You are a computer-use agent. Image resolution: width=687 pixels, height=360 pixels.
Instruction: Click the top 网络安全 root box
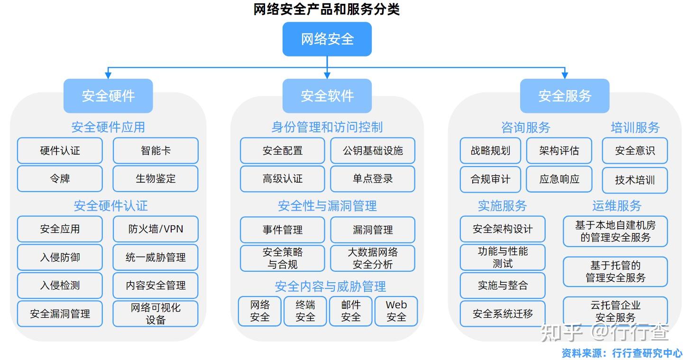click(x=327, y=39)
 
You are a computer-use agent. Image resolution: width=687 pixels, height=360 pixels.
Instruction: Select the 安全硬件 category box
click(x=108, y=96)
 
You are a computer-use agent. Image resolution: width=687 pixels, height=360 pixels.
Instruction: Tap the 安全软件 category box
click(x=327, y=96)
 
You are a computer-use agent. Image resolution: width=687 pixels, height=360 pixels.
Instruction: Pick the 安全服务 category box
click(x=564, y=96)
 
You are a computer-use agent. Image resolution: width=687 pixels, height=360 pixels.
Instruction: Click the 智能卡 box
click(x=156, y=151)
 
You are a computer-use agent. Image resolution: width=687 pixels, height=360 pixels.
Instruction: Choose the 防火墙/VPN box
click(x=156, y=229)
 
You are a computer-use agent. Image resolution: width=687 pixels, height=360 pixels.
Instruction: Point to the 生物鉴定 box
click(x=156, y=179)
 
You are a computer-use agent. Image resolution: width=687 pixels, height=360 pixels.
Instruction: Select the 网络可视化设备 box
click(x=156, y=314)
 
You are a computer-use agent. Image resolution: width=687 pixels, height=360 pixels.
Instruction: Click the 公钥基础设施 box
click(x=373, y=151)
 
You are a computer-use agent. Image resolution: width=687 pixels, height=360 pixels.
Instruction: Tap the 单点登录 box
click(x=373, y=179)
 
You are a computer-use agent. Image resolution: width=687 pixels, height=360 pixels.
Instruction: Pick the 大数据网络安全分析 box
click(x=373, y=258)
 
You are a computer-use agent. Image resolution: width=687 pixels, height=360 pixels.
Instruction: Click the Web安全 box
click(x=396, y=311)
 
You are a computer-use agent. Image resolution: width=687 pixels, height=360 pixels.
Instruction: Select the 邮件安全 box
click(x=351, y=311)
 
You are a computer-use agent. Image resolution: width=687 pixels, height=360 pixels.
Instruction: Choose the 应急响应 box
click(x=559, y=179)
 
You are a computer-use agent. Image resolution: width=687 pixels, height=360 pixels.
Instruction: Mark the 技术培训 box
click(x=635, y=180)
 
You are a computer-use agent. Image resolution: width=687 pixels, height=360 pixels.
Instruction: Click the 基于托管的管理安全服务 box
click(x=615, y=271)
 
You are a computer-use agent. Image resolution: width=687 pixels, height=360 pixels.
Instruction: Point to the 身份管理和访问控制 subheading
click(x=327, y=127)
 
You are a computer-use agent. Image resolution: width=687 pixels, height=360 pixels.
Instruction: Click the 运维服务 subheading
click(x=616, y=206)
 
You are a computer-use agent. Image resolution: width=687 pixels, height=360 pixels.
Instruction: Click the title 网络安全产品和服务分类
click(x=327, y=9)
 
